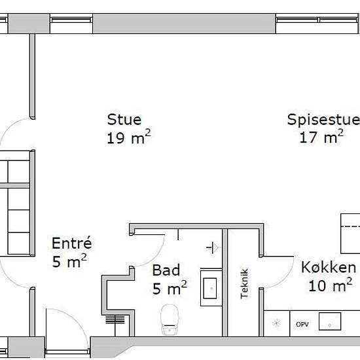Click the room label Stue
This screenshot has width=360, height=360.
pyautogui.click(x=124, y=120)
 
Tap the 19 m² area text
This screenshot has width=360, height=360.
pyautogui.click(x=129, y=137)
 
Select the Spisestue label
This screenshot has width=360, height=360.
pyautogui.click(x=323, y=120)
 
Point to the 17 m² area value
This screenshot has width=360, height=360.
pyautogui.click(x=321, y=136)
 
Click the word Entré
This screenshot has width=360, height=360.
pyautogui.click(x=72, y=243)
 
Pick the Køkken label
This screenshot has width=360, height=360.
pyautogui.click(x=329, y=268)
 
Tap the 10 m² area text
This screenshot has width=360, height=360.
pyautogui.click(x=331, y=285)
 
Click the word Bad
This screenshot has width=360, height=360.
pyautogui.click(x=166, y=270)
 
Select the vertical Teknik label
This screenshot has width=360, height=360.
pyautogui.click(x=244, y=283)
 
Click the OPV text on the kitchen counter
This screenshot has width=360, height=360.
pyautogui.click(x=302, y=325)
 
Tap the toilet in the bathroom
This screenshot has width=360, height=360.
pyautogui.click(x=170, y=319)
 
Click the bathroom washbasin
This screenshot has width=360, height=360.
pyautogui.click(x=210, y=289)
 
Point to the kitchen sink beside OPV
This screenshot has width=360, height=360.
pyautogui.click(x=330, y=321)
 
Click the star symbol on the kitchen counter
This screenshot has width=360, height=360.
pyautogui.click(x=277, y=323)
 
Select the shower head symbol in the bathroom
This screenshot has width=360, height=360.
pyautogui.click(x=212, y=247)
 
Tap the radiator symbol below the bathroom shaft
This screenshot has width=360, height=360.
pyautogui.click(x=115, y=319)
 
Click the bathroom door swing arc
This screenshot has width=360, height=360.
pyautogui.click(x=157, y=257)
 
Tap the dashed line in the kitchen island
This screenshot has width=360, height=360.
pyautogui.click(x=350, y=226)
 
